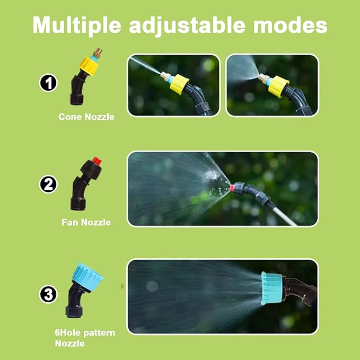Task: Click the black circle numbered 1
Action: [x=48, y=84]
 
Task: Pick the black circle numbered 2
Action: [x=48, y=185]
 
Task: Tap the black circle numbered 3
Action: [x=48, y=294]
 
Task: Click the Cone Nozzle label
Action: [x=86, y=117]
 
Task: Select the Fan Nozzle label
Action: [x=86, y=222]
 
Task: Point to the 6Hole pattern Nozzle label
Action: [x=85, y=338]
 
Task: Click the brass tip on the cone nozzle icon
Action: [x=99, y=53]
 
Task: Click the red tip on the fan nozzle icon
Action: [x=96, y=159]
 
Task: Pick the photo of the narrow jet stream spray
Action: [x=173, y=85]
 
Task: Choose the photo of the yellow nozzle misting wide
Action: [x=272, y=85]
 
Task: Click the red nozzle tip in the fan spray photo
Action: [x=234, y=187]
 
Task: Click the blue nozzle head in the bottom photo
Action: [x=271, y=288]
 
